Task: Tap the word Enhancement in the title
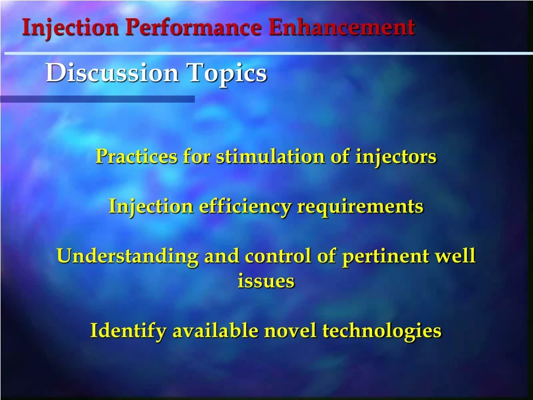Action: click(x=342, y=28)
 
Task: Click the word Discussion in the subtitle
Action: click(x=113, y=73)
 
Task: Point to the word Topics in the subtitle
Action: click(x=227, y=73)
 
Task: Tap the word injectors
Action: click(x=396, y=156)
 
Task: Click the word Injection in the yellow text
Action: click(x=151, y=207)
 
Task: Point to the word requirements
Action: click(x=360, y=207)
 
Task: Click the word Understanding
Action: click(x=127, y=257)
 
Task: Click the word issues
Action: click(x=266, y=281)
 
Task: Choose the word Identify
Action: click(x=128, y=331)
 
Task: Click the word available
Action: click(x=215, y=331)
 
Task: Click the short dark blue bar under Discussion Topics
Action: click(x=97, y=99)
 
